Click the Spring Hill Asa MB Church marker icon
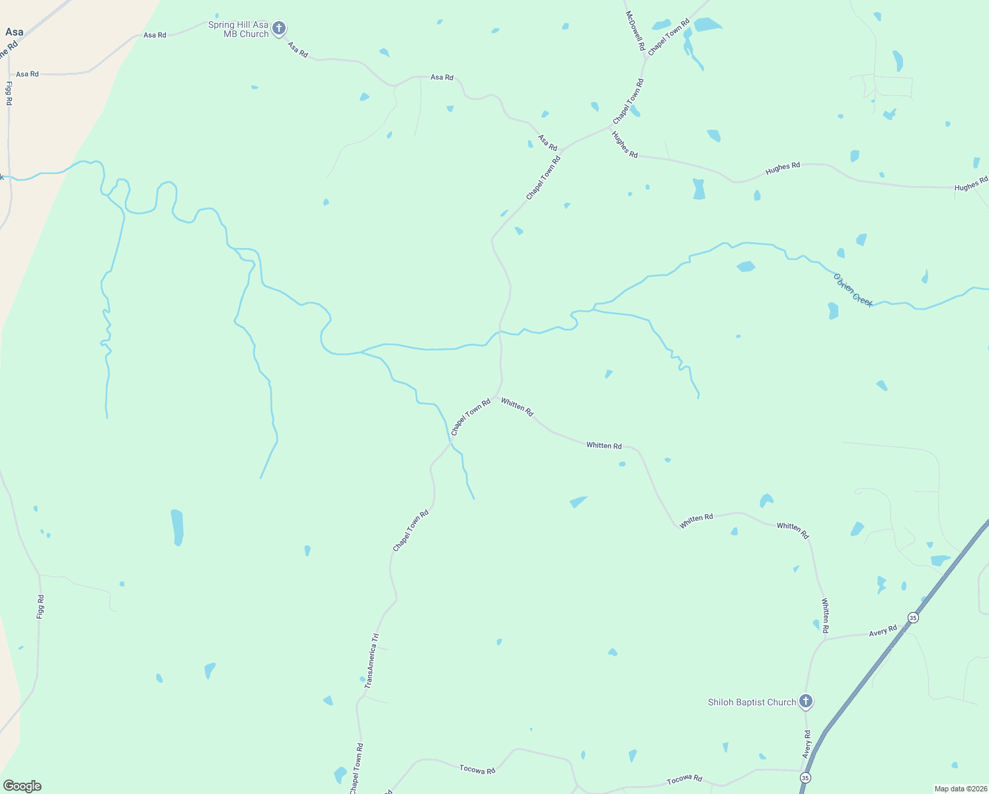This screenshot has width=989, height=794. pos(279,28)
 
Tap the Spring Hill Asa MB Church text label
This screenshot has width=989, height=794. pos(239,29)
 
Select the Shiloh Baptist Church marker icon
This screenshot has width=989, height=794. pos(805,701)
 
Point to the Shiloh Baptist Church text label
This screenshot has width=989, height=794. pos(752,702)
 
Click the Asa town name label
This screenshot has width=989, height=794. pos(14,32)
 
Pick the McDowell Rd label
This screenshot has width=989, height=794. pos(635,30)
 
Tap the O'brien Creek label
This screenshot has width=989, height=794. pos(853,290)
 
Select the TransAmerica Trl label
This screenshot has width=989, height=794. pos(372,660)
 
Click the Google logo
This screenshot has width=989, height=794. pos(22,786)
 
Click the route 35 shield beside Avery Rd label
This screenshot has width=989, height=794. pos(913,617)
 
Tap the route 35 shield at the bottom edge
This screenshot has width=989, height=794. pos(805,777)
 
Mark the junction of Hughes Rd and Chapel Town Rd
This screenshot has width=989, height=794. pos(610,126)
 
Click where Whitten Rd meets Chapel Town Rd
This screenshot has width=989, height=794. pos(496,397)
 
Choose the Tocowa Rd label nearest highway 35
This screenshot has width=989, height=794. pos(684,779)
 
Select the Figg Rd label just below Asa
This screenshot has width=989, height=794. pos(9,93)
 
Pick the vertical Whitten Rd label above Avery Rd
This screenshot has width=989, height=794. pos(825,615)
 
